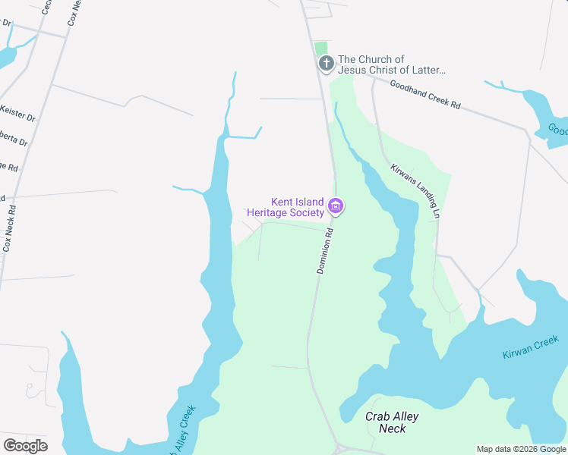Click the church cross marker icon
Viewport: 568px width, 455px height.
(326, 64)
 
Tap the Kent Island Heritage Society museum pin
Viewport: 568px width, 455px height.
(336, 206)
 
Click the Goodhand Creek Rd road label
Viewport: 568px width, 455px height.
(425, 96)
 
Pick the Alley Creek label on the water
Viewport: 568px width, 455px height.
(183, 431)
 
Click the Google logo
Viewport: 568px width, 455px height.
(25, 446)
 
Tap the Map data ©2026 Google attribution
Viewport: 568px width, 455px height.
(521, 449)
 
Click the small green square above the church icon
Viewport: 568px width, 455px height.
(322, 48)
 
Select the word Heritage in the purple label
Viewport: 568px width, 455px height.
(270, 213)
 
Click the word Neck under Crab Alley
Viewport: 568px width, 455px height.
(393, 428)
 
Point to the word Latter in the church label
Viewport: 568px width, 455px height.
(426, 70)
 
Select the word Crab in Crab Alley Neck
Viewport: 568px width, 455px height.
(378, 417)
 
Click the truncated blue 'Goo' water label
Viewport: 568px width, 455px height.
(558, 129)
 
